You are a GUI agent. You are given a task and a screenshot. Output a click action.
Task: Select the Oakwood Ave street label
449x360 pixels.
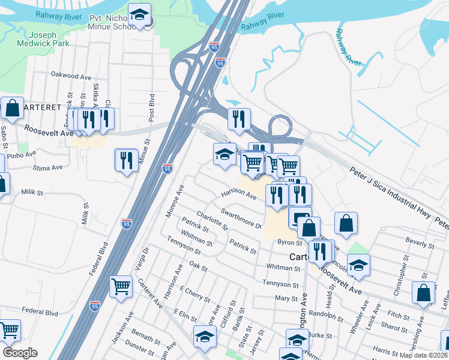pyautogui.click(x=71, y=77)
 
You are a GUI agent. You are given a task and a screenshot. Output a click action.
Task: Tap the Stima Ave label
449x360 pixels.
pyautogui.click(x=48, y=168)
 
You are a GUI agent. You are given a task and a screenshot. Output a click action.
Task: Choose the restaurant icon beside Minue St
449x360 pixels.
pyautogui.click(x=126, y=160)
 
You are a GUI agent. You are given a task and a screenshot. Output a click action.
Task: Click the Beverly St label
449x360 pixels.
pyautogui.click(x=420, y=245)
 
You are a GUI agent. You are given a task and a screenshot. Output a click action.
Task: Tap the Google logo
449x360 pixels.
pyautogui.click(x=20, y=353)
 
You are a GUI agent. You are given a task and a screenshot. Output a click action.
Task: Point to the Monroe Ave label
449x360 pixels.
pyautogui.click(x=175, y=201)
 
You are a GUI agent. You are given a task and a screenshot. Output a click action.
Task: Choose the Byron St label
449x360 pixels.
pyautogui.click(x=289, y=242)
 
